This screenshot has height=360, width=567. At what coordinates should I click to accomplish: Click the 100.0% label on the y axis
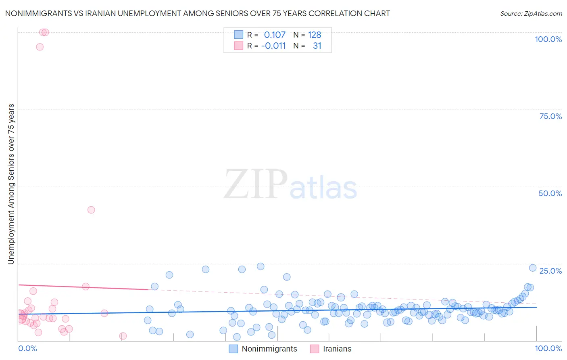tap(548, 39)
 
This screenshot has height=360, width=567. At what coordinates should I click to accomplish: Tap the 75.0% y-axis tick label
tap(550, 116)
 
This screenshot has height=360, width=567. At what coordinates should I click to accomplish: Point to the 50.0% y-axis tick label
tap(550, 193)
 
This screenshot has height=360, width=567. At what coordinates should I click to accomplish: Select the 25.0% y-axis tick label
tap(550, 270)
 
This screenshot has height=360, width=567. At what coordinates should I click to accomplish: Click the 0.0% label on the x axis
tap(27, 348)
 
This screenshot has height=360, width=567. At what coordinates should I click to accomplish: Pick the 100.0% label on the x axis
tap(548, 348)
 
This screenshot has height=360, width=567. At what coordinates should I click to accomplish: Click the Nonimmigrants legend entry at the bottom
tap(269, 349)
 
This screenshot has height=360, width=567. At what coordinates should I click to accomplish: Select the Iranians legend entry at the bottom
tap(337, 349)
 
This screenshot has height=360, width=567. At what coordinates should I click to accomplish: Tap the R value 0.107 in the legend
tap(275, 35)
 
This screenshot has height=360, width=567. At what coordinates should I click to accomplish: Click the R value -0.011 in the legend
tap(273, 46)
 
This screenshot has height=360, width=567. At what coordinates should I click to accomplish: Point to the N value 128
tap(315, 35)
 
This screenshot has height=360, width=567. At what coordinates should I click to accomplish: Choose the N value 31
tap(317, 46)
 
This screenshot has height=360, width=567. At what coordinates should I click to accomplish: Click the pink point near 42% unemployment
tap(91, 210)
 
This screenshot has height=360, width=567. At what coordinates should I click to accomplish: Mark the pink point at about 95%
tap(40, 47)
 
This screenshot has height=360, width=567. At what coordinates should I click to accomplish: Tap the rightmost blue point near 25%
tap(532, 268)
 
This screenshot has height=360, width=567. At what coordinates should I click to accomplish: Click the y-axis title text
tap(11, 184)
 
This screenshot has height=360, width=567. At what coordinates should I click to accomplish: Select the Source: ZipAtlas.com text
tap(531, 13)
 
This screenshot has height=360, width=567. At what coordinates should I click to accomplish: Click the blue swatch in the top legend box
tap(238, 35)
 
